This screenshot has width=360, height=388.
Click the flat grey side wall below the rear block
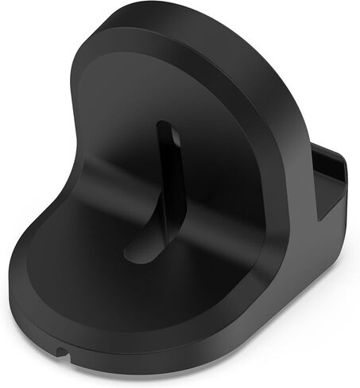click(318, 239)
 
